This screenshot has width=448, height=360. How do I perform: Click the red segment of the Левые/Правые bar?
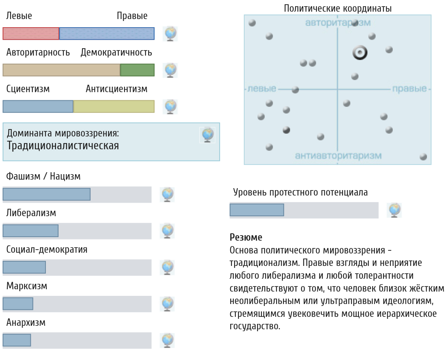(31, 33)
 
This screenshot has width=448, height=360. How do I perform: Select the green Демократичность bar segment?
(137, 70)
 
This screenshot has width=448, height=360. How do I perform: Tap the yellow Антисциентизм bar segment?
(114, 106)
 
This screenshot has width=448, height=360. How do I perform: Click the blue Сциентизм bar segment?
(38, 106)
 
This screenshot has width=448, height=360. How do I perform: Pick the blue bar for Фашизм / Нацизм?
(47, 194)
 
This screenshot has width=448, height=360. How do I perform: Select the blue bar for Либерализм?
(31, 231)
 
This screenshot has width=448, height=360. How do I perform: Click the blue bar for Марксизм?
(18, 304)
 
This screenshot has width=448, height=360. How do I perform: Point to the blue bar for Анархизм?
(17, 340)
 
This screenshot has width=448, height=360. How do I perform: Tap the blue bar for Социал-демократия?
(24, 267)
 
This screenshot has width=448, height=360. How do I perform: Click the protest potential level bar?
(257, 210)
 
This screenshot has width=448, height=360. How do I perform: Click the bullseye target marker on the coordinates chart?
(360, 52)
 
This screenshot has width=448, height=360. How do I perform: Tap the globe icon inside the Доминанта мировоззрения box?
(207, 135)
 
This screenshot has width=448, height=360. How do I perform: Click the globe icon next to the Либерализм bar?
(168, 231)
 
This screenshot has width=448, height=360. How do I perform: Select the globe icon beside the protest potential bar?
(394, 210)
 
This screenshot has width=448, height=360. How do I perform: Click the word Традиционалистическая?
(63, 145)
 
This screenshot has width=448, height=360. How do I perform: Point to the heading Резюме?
(246, 237)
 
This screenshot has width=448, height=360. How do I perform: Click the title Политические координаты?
(338, 9)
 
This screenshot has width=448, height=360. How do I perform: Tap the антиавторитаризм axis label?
(338, 156)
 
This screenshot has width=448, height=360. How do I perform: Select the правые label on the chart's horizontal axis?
(409, 89)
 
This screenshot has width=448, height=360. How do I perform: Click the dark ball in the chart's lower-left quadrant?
(286, 130)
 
